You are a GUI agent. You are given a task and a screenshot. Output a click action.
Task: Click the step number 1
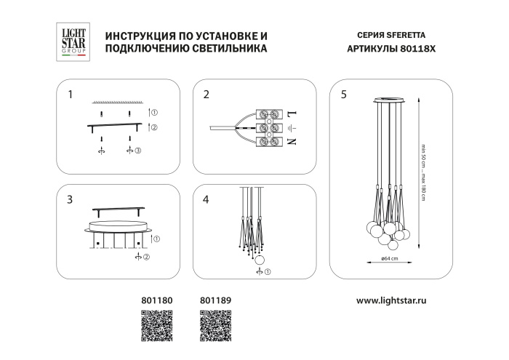[70, 95]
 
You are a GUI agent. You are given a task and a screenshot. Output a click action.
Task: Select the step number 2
[207, 95]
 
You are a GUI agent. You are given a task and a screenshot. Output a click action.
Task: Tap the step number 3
[70, 199]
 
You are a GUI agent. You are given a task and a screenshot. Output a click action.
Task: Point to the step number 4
[207, 199]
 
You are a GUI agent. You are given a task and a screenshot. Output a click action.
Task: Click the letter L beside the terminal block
[293, 115]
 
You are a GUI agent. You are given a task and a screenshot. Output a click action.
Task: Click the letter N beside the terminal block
[293, 142]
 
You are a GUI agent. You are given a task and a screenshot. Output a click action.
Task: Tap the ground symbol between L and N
[293, 128]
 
